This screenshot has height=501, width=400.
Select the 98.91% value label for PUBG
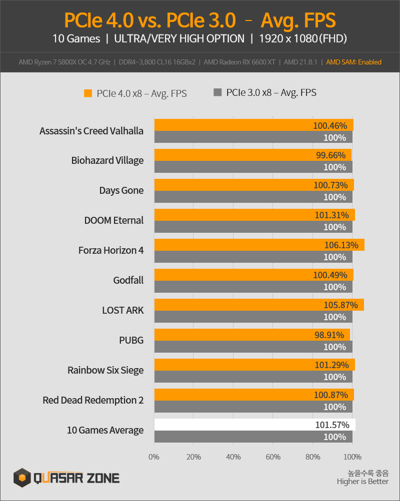click(x=332, y=335)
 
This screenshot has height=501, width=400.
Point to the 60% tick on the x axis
click(x=273, y=457)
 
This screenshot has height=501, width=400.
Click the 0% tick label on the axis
click(x=154, y=457)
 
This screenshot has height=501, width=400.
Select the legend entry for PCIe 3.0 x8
click(x=265, y=92)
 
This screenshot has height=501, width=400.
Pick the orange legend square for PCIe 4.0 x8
click(x=88, y=93)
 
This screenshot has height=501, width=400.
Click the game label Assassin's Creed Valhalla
click(x=91, y=131)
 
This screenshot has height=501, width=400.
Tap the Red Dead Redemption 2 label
click(x=93, y=400)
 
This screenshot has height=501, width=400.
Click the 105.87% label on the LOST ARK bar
click(x=341, y=305)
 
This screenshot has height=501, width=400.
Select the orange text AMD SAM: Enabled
click(x=353, y=62)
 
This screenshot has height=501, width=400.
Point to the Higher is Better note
click(x=362, y=482)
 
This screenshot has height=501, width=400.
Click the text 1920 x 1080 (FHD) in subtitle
click(x=303, y=38)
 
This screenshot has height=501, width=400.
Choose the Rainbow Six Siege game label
click(x=105, y=370)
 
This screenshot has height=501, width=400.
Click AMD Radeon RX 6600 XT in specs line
click(x=240, y=62)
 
